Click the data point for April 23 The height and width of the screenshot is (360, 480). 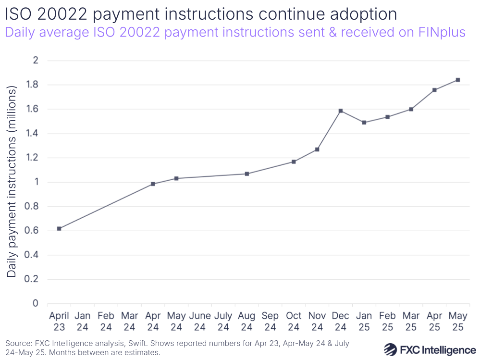pos(59,229)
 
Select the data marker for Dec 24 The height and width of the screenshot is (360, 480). pos(341,111)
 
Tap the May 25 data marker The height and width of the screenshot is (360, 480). pos(458,80)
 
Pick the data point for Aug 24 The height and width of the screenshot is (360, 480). pos(247,174)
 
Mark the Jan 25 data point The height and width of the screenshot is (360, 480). pos(364,123)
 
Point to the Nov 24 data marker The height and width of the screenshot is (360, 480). pos(317,149)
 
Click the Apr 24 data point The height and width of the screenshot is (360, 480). pos(153,184)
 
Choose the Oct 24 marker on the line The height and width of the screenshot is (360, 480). pos(294,161)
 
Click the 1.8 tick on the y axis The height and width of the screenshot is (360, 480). pos(32,85)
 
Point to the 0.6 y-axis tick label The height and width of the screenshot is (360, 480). pos(32,231)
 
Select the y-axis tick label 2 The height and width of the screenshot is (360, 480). pos(35,61)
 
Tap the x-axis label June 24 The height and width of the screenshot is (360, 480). pos(200,321)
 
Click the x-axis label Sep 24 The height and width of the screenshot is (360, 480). pos(270,321)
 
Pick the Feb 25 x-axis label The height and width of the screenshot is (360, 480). pos(387,321)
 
